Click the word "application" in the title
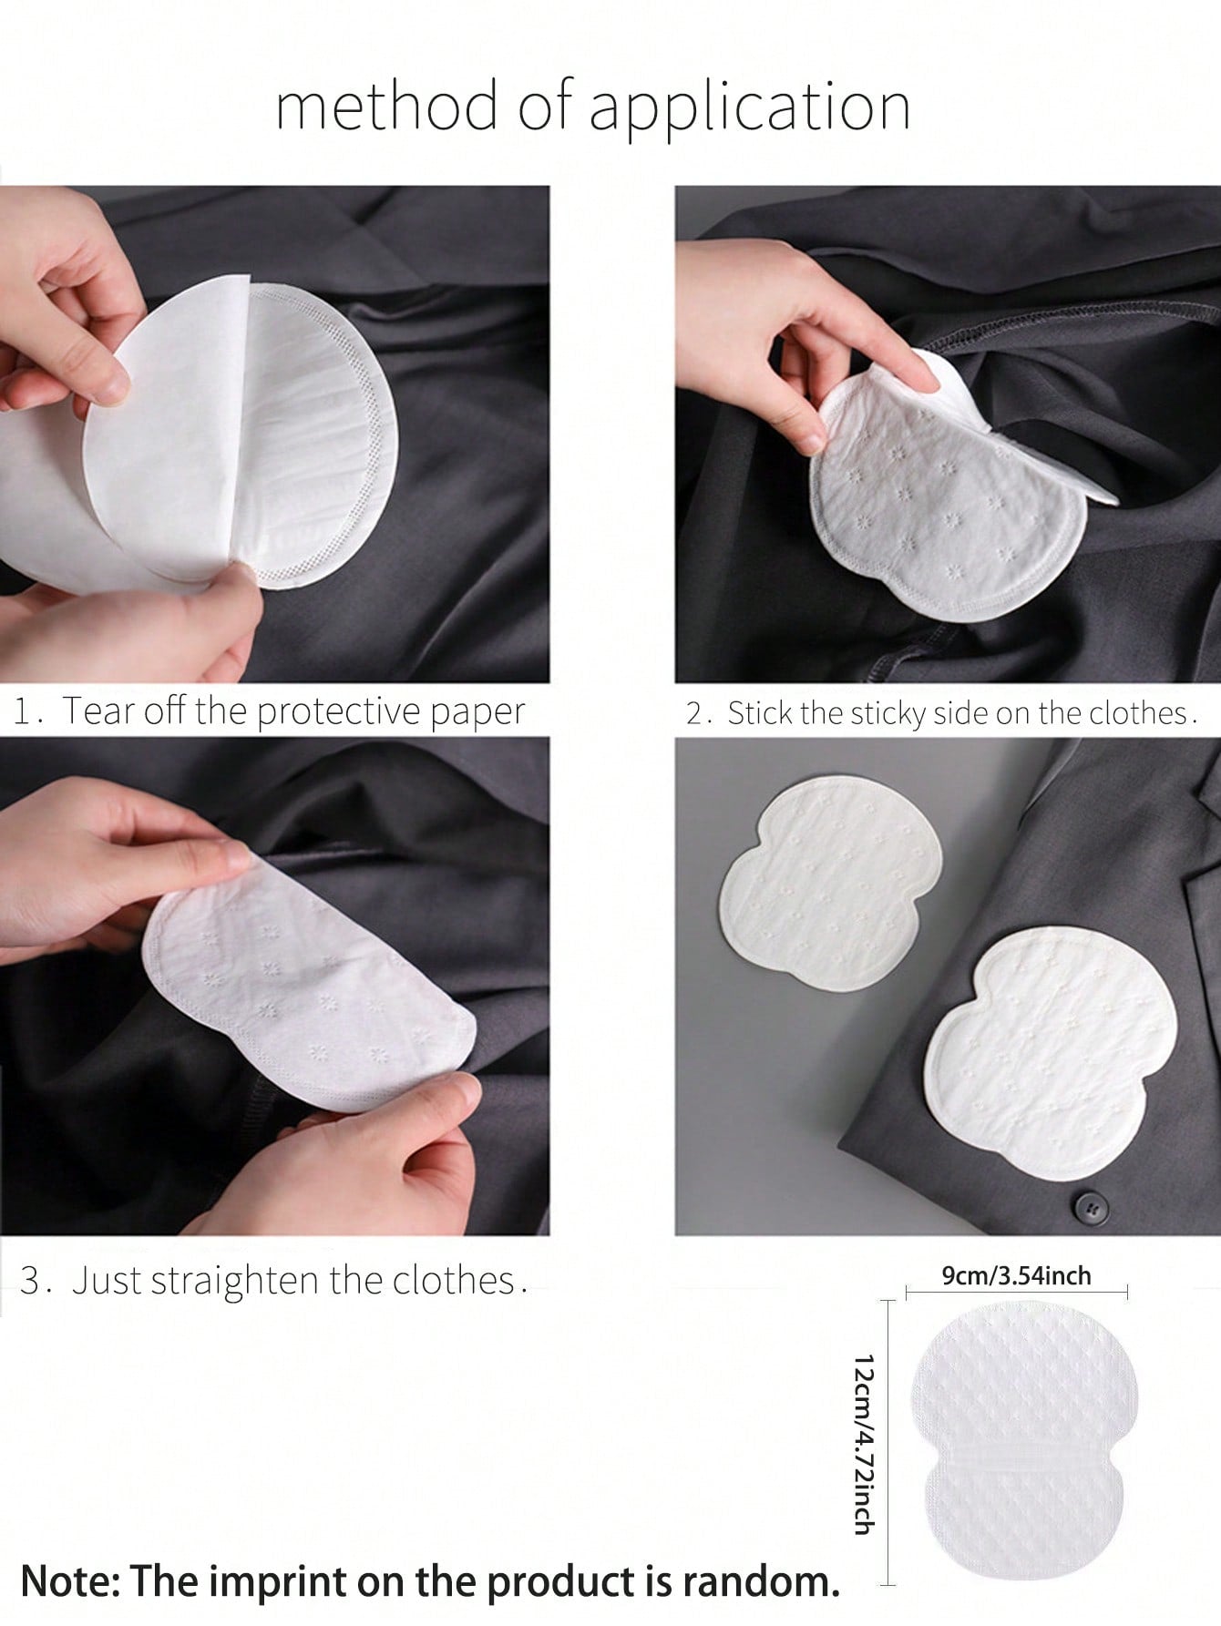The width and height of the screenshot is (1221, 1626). click(x=749, y=108)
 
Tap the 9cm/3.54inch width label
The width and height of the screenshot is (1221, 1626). click(x=1016, y=1275)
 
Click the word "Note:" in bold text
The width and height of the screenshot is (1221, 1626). click(x=68, y=1581)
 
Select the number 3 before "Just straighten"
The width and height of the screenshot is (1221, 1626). click(x=31, y=1281)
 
